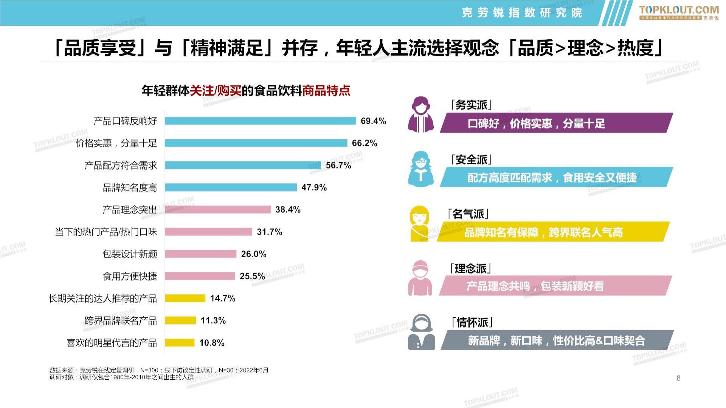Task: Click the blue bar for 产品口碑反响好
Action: [x=261, y=121]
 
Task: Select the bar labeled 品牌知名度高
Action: [x=231, y=187]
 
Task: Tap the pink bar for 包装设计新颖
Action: [x=200, y=254]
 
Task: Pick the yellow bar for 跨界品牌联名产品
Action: [x=180, y=320]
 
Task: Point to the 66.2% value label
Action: [x=365, y=143]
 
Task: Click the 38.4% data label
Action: [x=288, y=210]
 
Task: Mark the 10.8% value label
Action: [x=212, y=343]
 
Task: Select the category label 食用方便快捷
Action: [x=130, y=276]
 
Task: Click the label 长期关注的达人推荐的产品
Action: [x=102, y=298]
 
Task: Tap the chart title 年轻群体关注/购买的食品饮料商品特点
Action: [x=246, y=91]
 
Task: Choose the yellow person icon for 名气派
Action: [x=420, y=224]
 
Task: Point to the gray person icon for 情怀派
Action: [x=421, y=332]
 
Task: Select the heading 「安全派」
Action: [x=471, y=160]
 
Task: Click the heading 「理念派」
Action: [x=470, y=269]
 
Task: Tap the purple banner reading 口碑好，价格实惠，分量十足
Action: [x=556, y=123]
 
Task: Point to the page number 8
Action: [x=678, y=378]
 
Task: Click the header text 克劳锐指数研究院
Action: [x=522, y=13]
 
